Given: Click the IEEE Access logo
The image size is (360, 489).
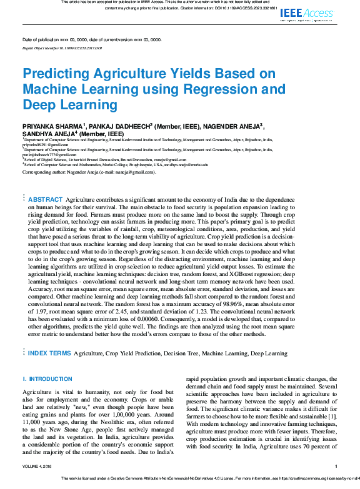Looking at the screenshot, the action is [307, 14].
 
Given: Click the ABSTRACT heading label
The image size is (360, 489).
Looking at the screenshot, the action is [46, 199].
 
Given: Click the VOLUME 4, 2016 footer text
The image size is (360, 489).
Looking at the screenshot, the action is [39, 465].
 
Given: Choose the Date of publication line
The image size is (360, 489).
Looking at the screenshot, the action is [92, 39].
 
